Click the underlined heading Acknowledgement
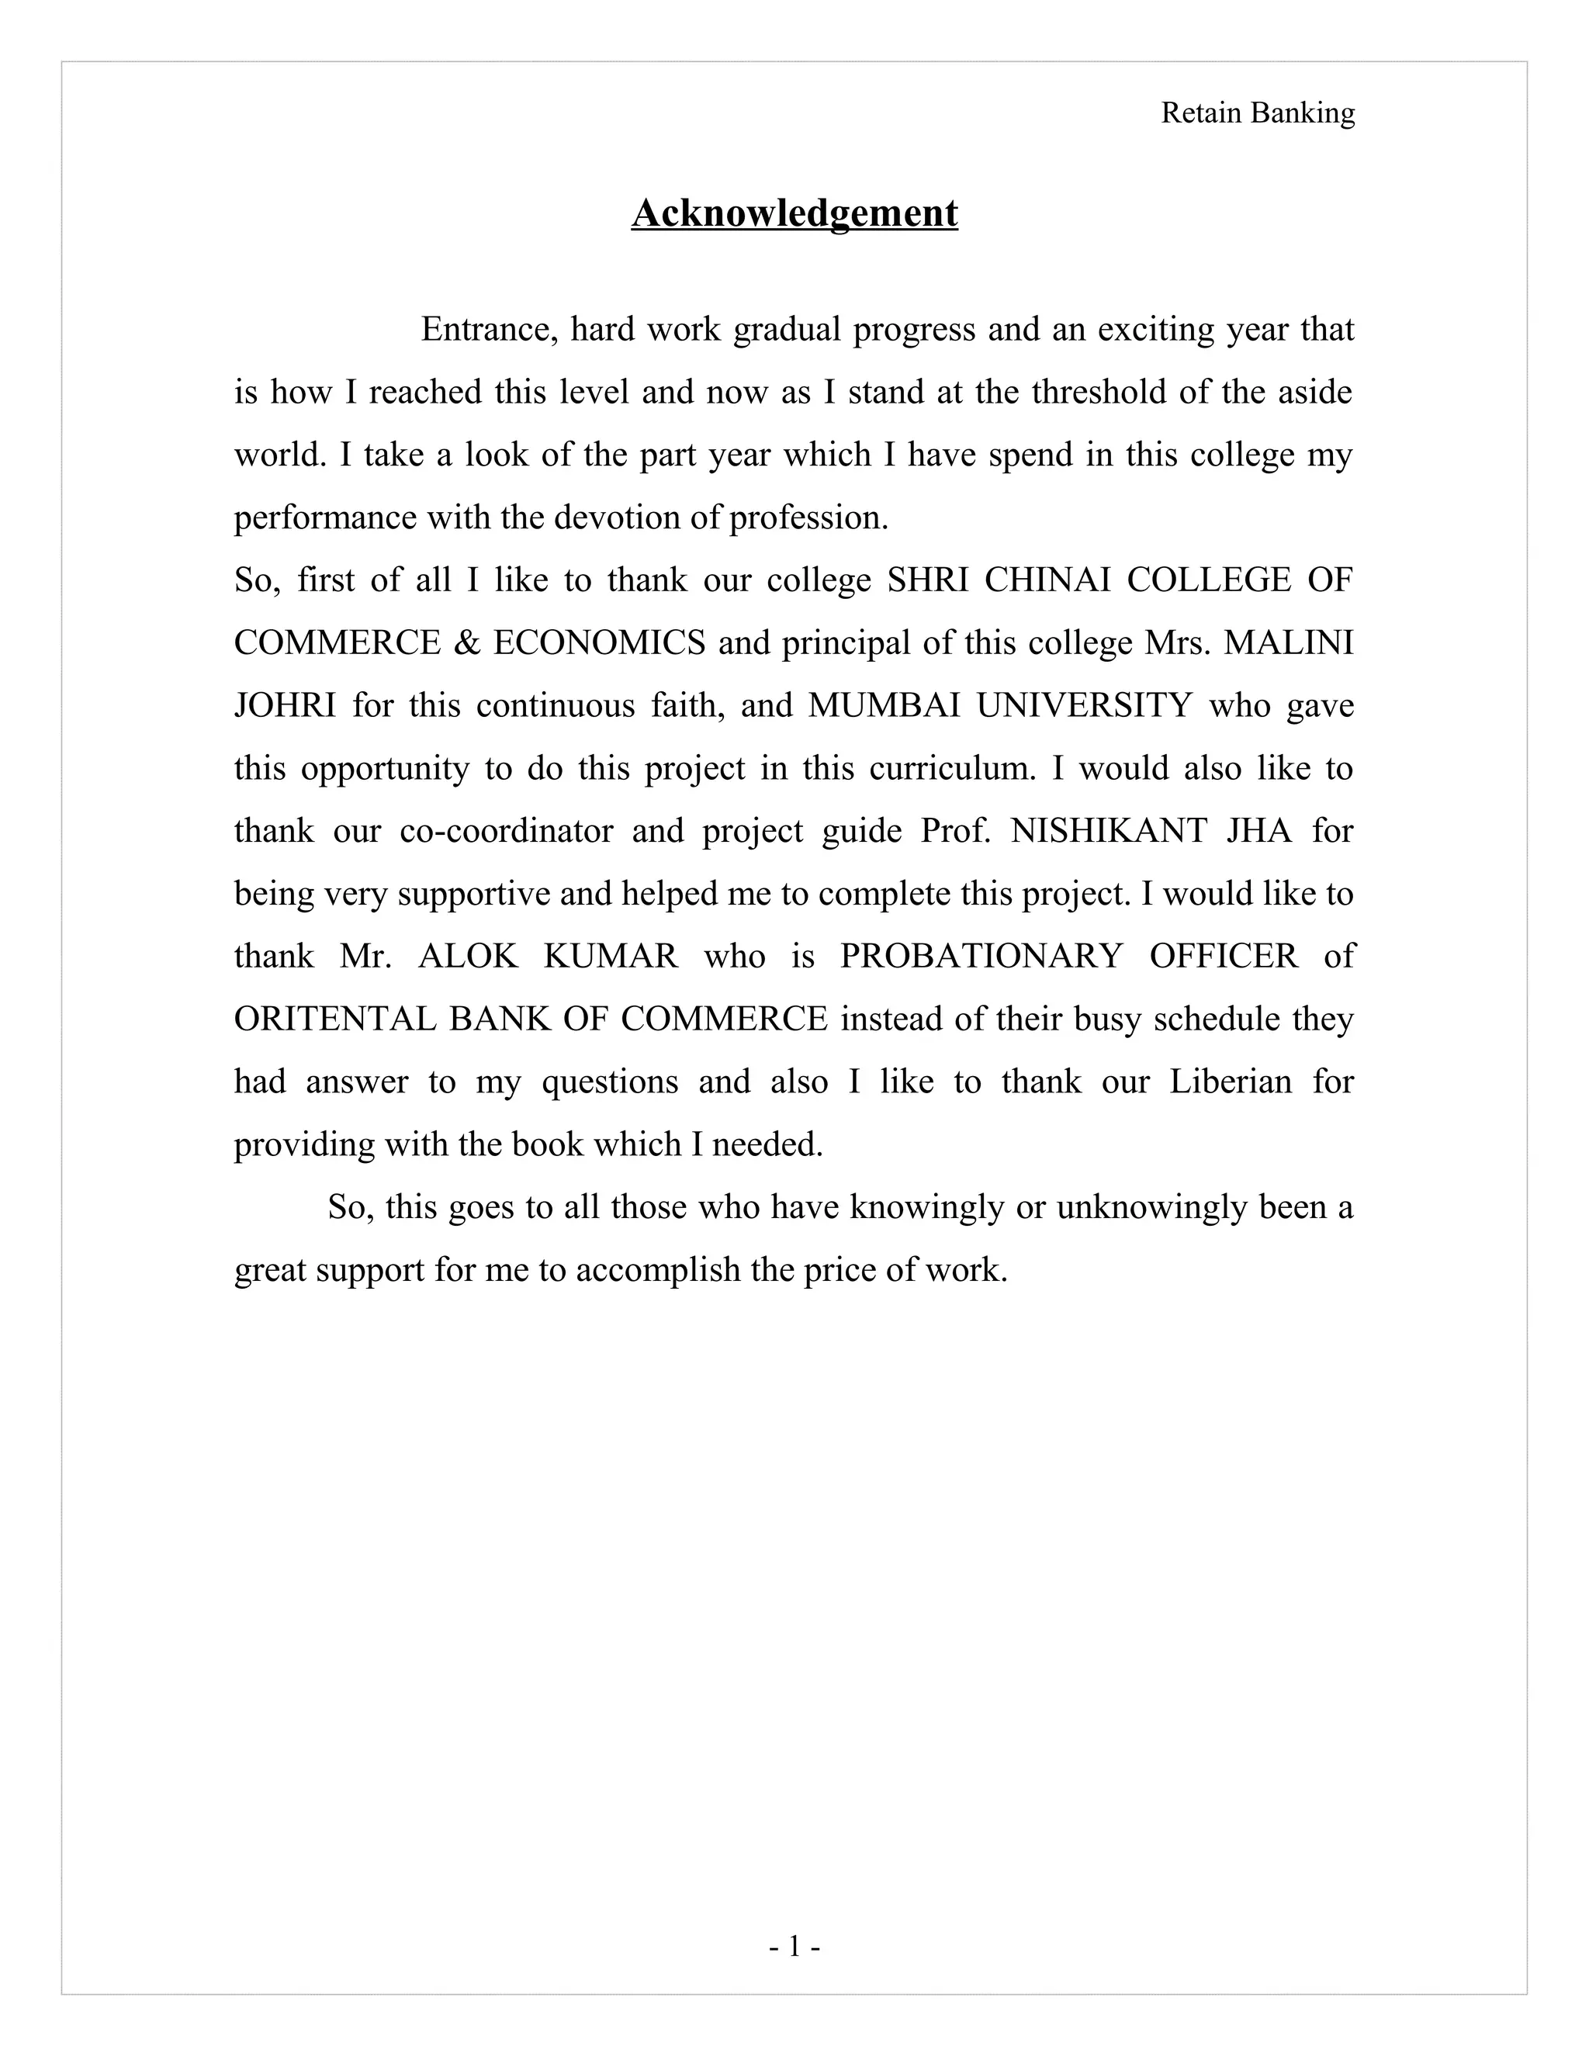[x=794, y=213]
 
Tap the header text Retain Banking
[x=1258, y=113]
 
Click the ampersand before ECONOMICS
[x=466, y=643]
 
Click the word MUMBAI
[x=883, y=705]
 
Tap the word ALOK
[x=468, y=957]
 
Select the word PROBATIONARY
[x=981, y=957]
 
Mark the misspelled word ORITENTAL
[x=334, y=1019]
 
